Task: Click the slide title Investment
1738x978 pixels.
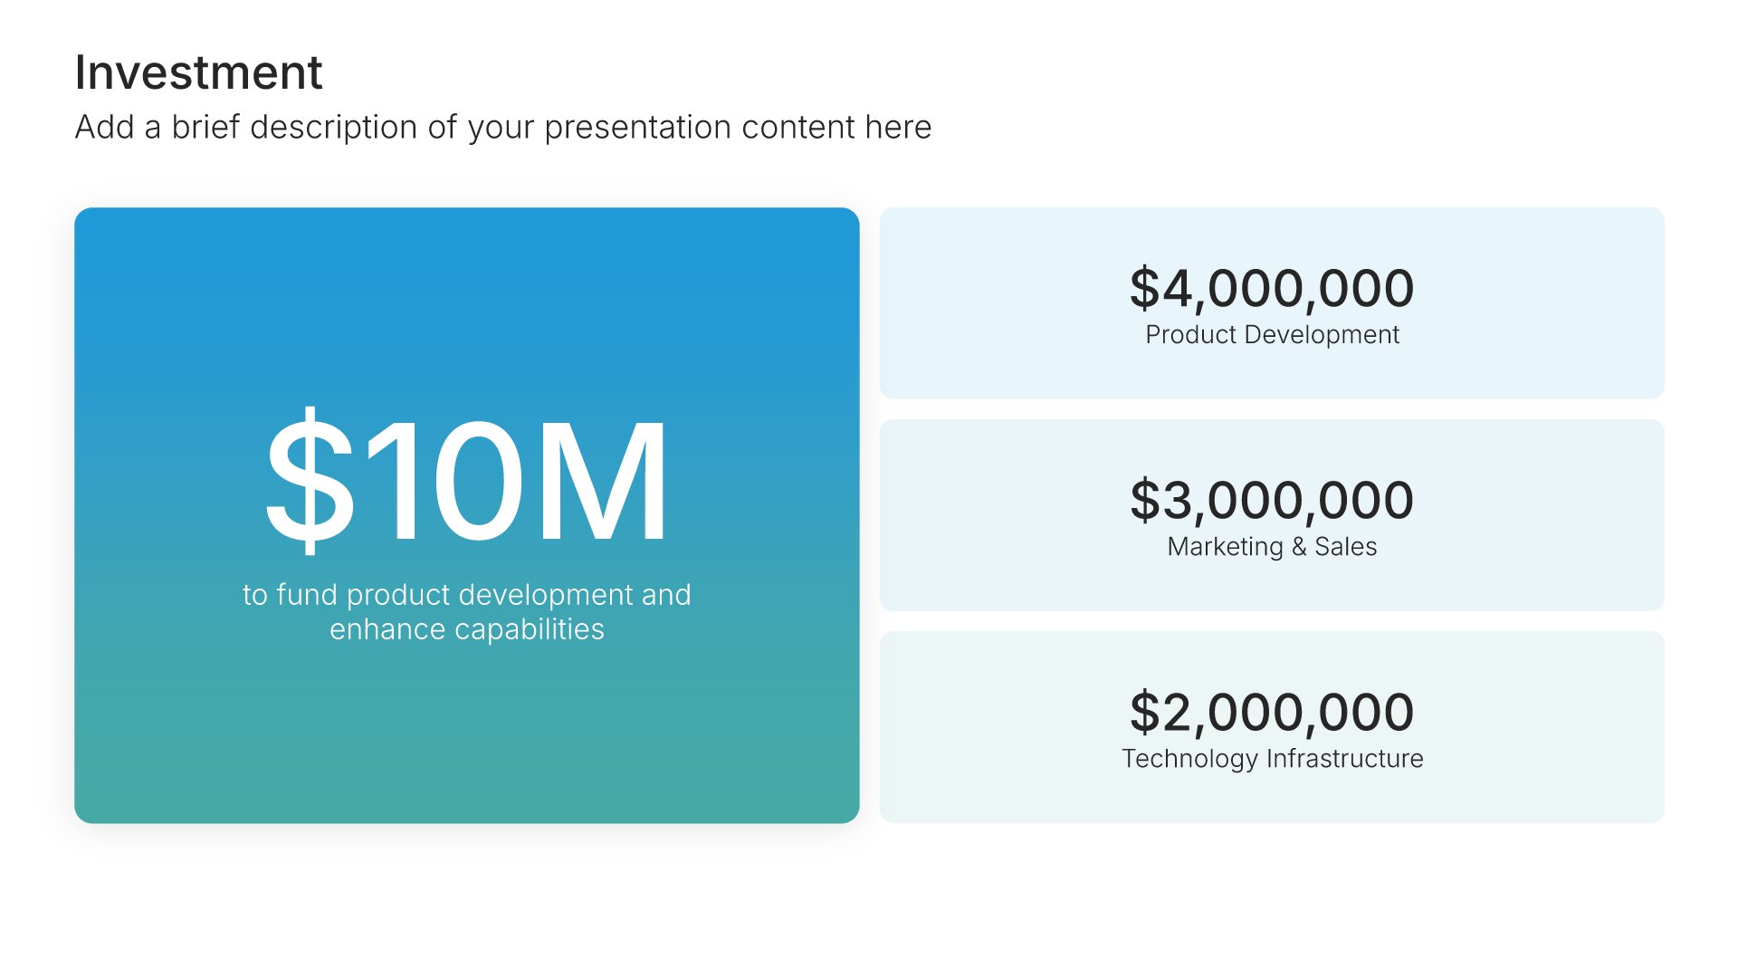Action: pos(198,72)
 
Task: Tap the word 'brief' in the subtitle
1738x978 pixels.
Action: pos(205,127)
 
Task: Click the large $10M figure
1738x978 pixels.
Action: pos(467,480)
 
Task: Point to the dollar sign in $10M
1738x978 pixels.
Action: pos(309,480)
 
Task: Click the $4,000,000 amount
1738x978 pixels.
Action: pos(1272,288)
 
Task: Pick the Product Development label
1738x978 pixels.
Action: pos(1272,335)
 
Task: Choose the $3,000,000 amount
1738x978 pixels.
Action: pos(1272,500)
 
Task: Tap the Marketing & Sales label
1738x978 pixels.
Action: pos(1272,547)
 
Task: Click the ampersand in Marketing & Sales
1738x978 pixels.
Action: pos(1299,547)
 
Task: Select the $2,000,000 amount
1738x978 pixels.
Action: pos(1272,712)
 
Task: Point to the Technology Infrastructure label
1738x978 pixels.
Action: pos(1272,759)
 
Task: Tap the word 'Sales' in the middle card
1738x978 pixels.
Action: pos(1346,547)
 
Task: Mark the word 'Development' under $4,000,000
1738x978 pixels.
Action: pos(1323,335)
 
